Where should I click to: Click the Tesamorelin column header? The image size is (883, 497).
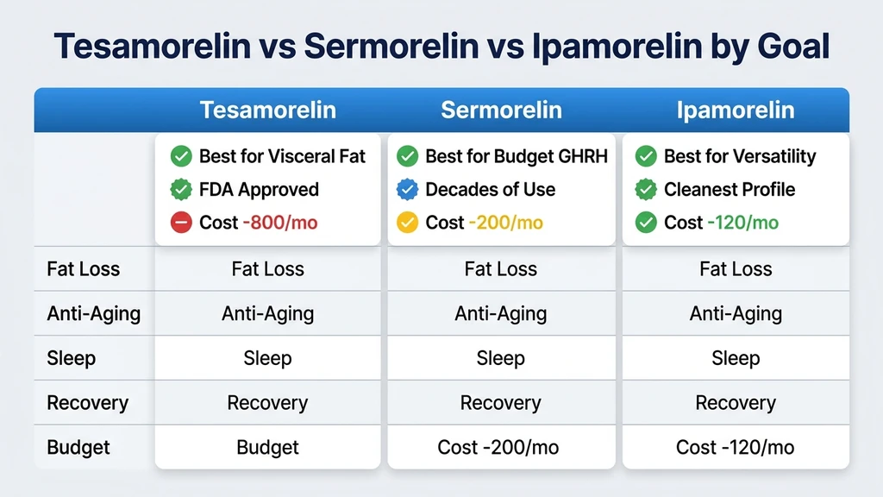point(267,110)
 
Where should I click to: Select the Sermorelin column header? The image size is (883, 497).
point(501,110)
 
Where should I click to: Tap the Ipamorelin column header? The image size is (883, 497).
point(736,110)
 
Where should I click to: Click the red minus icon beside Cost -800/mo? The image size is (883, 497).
point(181,223)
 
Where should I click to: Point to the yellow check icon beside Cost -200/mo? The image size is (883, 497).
point(407,223)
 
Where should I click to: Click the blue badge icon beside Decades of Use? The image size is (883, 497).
point(407,190)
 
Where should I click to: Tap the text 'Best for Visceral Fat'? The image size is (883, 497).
point(282,156)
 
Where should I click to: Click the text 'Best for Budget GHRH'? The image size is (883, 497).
point(517,156)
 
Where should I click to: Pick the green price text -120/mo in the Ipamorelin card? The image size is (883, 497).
point(744,223)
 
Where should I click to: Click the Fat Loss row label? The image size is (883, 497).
point(83,269)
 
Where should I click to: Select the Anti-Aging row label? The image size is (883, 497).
point(93,314)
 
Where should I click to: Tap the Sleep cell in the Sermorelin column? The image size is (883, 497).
point(501,358)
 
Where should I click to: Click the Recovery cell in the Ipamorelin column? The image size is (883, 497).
point(736,403)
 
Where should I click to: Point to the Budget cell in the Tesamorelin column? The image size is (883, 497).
point(267,448)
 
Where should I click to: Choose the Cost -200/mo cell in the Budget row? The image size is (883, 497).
point(501,448)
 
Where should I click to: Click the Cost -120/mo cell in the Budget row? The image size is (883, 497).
point(736,448)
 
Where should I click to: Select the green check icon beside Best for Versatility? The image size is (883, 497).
point(646,156)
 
